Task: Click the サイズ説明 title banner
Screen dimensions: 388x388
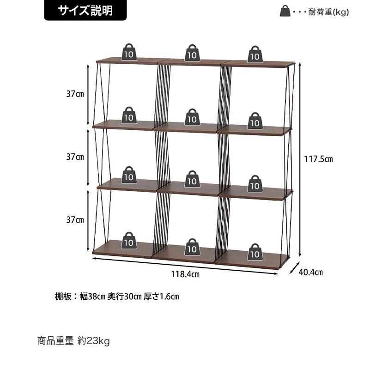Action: click(x=85, y=10)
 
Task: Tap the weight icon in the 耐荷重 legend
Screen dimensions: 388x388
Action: click(x=285, y=11)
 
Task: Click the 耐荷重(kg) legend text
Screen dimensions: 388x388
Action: click(x=328, y=12)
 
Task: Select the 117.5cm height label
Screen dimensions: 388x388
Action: click(x=318, y=159)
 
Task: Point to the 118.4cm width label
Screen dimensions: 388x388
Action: click(x=185, y=274)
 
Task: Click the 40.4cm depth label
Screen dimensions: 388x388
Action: click(x=310, y=272)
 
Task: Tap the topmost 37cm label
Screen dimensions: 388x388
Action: click(x=75, y=94)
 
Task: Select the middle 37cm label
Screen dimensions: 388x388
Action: click(x=75, y=157)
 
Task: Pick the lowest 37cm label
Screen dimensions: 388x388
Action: click(x=75, y=220)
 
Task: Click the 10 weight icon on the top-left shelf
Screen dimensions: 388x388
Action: click(x=129, y=52)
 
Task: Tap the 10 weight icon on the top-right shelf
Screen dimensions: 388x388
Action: click(x=255, y=54)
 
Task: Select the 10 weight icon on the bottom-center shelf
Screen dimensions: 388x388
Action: click(x=192, y=247)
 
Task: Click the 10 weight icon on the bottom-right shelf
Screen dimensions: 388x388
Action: click(x=255, y=252)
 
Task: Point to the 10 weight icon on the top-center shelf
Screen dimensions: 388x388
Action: click(x=192, y=53)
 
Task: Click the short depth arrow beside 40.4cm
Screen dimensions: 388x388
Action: click(x=295, y=268)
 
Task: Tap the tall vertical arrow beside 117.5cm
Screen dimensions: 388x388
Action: click(x=300, y=160)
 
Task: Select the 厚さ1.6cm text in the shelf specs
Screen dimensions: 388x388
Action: click(x=161, y=296)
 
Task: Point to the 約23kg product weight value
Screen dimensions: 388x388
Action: click(x=93, y=341)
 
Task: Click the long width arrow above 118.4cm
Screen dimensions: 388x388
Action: click(x=185, y=266)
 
